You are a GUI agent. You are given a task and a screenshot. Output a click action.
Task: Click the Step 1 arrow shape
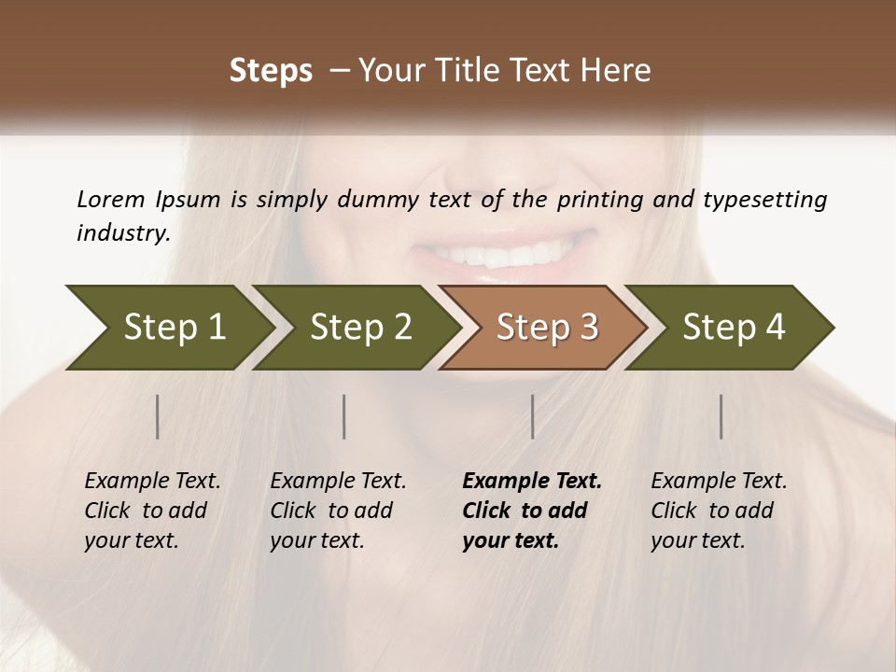[168, 328]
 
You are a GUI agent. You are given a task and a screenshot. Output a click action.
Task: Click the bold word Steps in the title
[271, 71]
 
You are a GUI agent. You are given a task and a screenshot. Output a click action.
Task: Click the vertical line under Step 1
[158, 416]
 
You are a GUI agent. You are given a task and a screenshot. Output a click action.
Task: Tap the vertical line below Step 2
[344, 416]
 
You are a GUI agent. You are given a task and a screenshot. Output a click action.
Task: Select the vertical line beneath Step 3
[532, 416]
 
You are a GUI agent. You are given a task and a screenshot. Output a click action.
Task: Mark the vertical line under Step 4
[721, 416]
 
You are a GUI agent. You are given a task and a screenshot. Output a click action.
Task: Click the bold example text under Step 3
[532, 511]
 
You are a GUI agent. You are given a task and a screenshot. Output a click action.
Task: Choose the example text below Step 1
[152, 511]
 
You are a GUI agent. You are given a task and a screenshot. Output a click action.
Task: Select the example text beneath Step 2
[338, 511]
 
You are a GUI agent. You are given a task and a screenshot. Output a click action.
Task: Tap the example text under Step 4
[719, 511]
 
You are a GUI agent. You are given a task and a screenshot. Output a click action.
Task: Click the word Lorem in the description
[110, 200]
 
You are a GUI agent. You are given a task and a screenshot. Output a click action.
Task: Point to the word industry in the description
[122, 233]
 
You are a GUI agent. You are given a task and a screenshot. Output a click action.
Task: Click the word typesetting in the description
[765, 200]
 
